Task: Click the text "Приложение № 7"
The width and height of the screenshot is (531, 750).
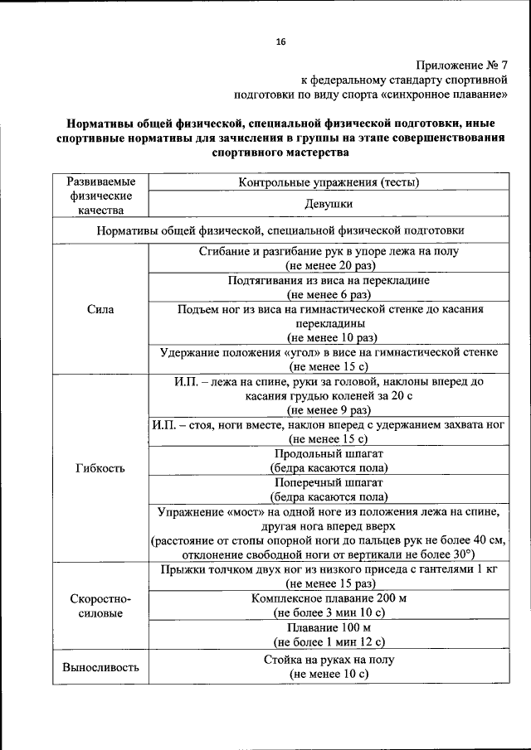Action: click(x=460, y=65)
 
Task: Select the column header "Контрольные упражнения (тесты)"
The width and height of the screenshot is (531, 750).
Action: click(x=329, y=181)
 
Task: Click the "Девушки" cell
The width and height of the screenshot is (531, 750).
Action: click(x=329, y=203)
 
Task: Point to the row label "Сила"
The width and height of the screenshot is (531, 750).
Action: click(x=100, y=309)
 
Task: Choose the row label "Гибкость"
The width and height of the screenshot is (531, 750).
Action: click(x=100, y=467)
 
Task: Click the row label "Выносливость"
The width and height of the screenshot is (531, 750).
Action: click(x=100, y=667)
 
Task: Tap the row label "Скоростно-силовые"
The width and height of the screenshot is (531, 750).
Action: click(x=100, y=606)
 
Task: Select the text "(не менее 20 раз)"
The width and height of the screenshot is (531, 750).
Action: click(x=329, y=265)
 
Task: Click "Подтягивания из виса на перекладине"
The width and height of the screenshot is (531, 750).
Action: click(x=329, y=280)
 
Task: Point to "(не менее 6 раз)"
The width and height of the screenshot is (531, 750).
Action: click(x=329, y=294)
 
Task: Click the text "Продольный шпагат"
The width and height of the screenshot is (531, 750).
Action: click(x=329, y=453)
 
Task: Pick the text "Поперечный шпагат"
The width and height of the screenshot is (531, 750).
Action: click(x=329, y=482)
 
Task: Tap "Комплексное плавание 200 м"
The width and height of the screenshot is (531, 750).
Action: click(x=329, y=598)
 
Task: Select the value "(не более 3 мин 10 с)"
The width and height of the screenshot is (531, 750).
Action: click(x=329, y=612)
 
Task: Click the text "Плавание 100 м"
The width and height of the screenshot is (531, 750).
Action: click(x=329, y=627)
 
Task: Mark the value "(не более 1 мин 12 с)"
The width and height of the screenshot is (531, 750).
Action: click(x=329, y=641)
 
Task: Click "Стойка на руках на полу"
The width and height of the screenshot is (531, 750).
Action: click(x=329, y=660)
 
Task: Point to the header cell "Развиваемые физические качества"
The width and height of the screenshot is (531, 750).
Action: click(x=100, y=196)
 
